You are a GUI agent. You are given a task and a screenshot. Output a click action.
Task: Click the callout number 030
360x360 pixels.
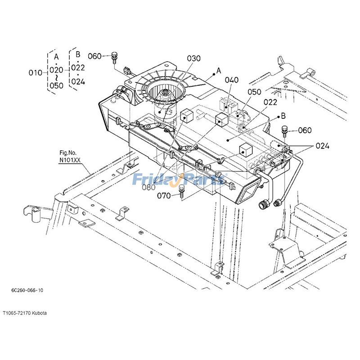pos(194,58)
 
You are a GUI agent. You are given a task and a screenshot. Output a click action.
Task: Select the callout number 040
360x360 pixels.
pos(232,80)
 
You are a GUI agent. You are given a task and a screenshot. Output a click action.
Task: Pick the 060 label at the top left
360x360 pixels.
pos(94,56)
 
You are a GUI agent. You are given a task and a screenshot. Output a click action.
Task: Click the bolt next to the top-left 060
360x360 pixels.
pos(114,56)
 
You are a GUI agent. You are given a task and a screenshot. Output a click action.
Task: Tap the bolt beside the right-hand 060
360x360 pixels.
pos(284,130)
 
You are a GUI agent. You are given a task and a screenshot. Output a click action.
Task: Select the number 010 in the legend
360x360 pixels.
pos(35,72)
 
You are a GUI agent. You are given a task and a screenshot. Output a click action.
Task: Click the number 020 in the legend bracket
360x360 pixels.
pos(56,70)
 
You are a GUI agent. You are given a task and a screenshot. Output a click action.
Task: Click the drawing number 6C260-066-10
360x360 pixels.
pos(27,291)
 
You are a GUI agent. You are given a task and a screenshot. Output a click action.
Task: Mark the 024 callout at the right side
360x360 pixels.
pos(322,146)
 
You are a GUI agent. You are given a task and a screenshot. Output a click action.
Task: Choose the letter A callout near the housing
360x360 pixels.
pos(219,71)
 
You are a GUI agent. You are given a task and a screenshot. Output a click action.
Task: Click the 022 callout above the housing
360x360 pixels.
pos(270,102)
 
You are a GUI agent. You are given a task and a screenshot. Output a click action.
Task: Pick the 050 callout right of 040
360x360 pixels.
pos(254,92)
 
